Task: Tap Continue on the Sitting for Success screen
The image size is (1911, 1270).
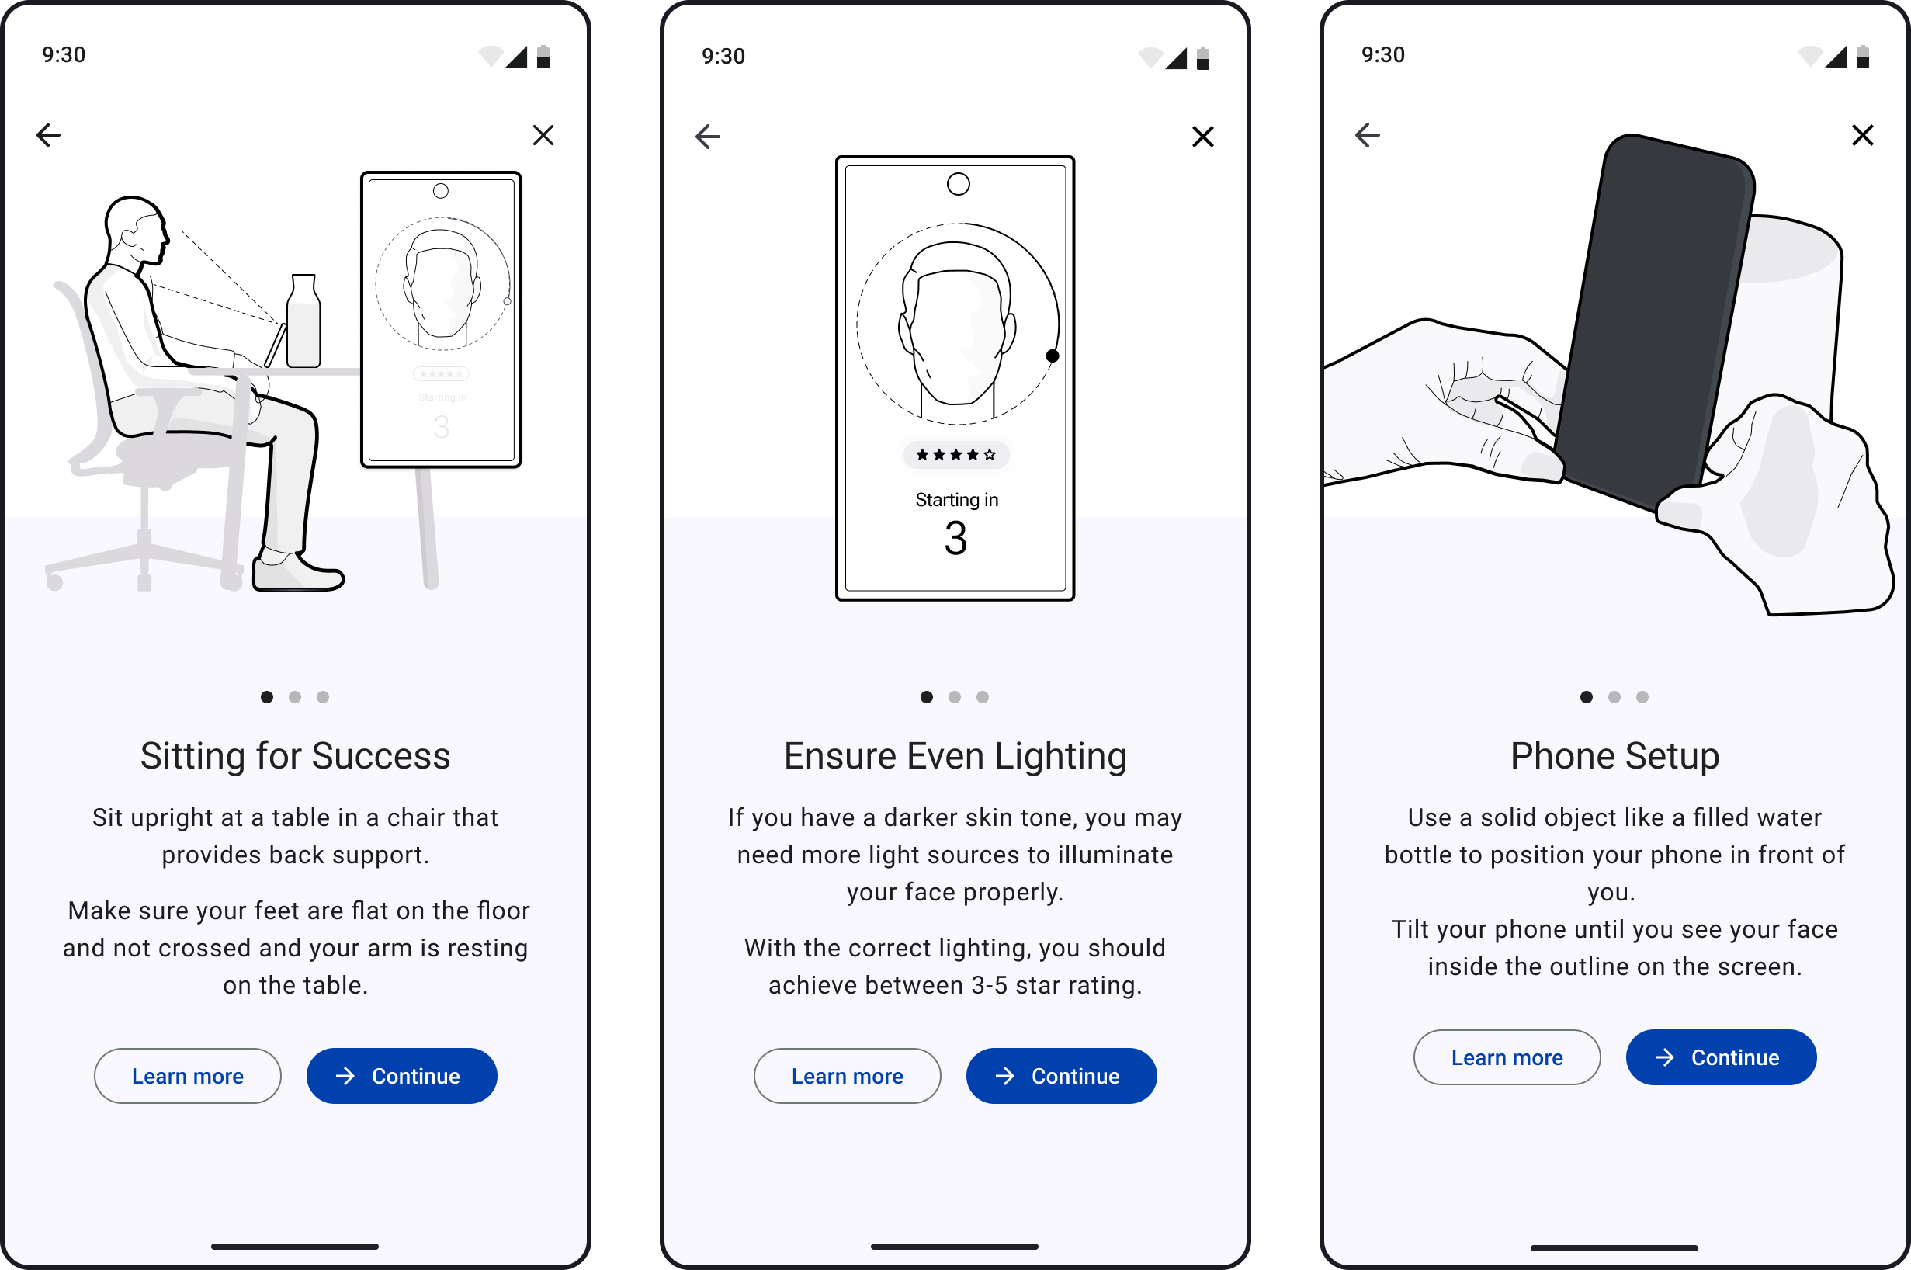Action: click(401, 1076)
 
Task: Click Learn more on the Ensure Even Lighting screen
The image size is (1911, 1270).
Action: click(847, 1076)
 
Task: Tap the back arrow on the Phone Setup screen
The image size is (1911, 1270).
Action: click(1368, 134)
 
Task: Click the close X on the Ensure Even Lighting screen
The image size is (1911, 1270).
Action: click(1202, 136)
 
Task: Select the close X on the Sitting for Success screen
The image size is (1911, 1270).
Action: click(543, 134)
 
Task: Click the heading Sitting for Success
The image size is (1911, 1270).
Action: click(296, 755)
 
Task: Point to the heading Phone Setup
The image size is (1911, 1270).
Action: click(1614, 755)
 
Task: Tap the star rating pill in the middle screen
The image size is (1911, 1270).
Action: click(956, 454)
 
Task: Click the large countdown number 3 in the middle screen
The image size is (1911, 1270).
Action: click(956, 539)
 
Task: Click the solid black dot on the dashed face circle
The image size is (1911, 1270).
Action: click(1052, 356)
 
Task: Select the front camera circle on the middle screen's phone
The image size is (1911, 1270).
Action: click(958, 185)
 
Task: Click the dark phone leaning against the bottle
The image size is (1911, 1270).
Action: click(1652, 324)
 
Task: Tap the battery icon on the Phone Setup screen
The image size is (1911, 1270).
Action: click(1862, 57)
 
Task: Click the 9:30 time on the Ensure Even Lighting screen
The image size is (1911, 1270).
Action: click(723, 56)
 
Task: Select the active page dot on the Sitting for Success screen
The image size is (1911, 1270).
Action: click(267, 696)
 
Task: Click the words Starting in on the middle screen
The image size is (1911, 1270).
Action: click(956, 500)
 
